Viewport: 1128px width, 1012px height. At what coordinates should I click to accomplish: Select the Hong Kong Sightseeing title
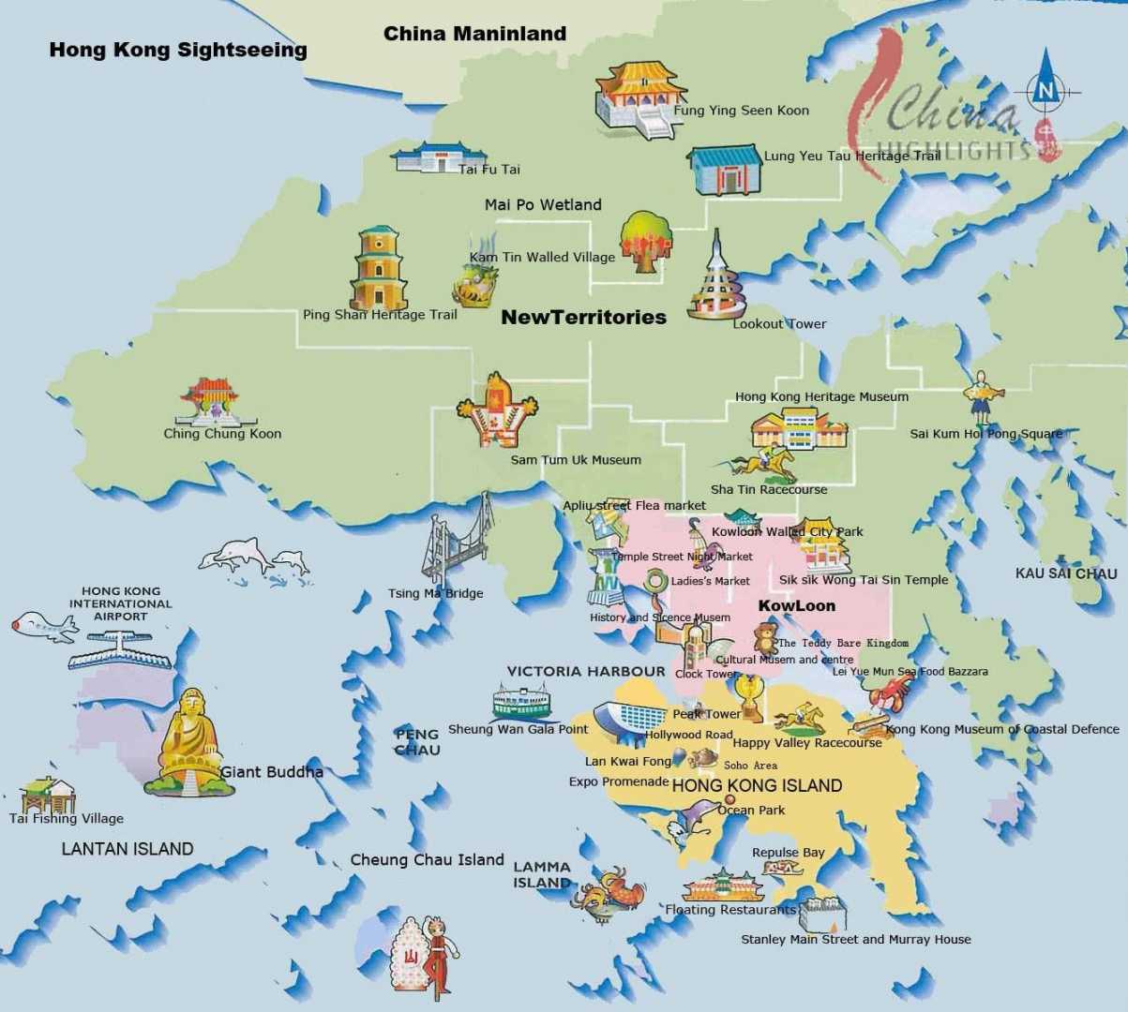(x=178, y=50)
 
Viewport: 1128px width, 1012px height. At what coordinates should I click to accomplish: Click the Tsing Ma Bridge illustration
(x=456, y=544)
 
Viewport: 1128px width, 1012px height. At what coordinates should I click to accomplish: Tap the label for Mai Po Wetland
(x=543, y=204)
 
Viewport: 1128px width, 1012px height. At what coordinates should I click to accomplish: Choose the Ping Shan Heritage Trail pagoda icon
(x=378, y=268)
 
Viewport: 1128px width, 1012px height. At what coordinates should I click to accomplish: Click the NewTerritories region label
(x=583, y=317)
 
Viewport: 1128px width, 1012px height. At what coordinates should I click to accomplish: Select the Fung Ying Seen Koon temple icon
(x=636, y=98)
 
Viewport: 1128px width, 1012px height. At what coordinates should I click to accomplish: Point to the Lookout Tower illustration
(x=717, y=280)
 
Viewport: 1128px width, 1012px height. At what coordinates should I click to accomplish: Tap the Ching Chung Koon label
(x=222, y=433)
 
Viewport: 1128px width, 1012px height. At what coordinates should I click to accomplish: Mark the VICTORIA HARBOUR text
(x=586, y=671)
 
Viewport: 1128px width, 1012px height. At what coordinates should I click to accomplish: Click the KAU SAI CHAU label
(x=1066, y=573)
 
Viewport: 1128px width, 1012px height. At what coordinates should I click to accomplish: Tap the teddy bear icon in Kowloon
(x=766, y=641)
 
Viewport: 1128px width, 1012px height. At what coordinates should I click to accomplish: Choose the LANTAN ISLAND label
(x=128, y=849)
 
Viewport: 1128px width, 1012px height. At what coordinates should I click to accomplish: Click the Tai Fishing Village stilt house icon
(x=47, y=795)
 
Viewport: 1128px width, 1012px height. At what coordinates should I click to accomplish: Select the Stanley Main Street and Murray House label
(x=856, y=939)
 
